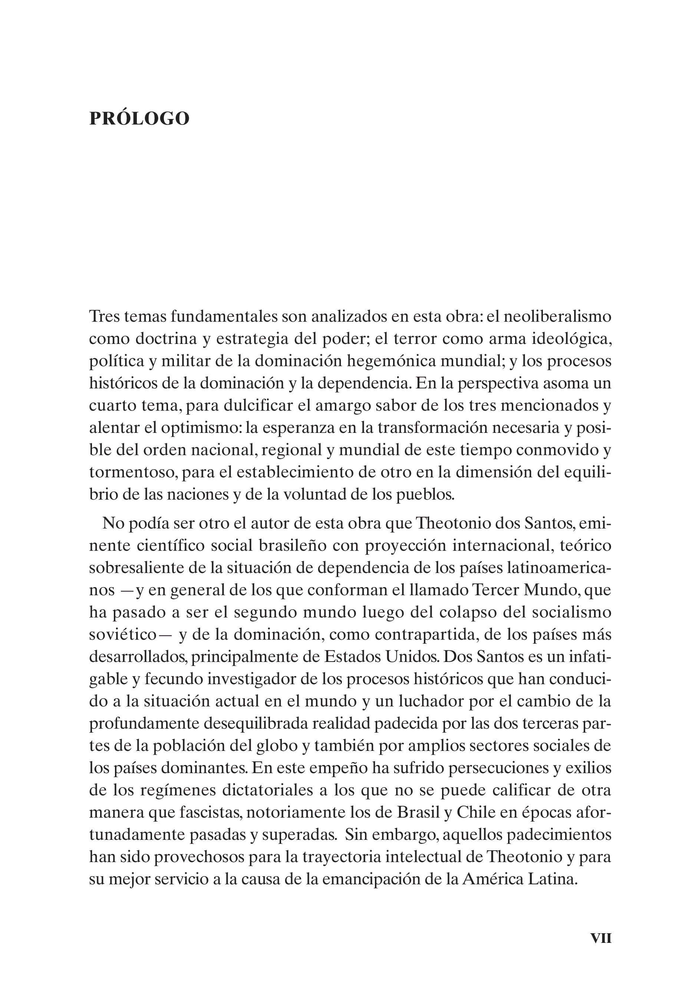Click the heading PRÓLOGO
pos(139,119)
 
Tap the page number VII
pos(601,938)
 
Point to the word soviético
pos(122,635)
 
